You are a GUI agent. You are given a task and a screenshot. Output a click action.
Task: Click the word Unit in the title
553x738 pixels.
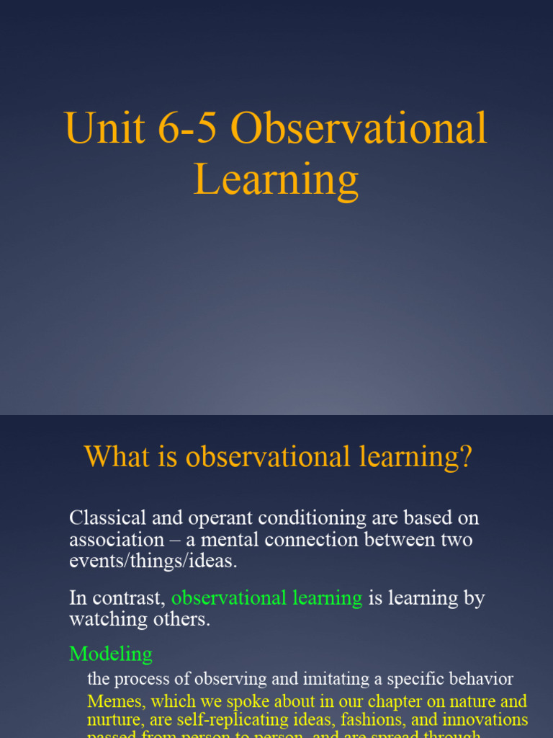[x=96, y=129]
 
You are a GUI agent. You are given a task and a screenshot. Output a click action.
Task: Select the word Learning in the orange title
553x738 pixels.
[x=276, y=180]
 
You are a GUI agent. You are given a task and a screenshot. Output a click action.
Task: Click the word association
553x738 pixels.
[x=117, y=540]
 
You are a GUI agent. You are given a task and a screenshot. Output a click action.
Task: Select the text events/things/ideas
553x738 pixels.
[x=153, y=561]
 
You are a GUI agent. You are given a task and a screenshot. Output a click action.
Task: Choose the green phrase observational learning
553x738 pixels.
[x=266, y=597]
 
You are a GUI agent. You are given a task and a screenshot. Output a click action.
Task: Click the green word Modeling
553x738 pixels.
[x=111, y=654]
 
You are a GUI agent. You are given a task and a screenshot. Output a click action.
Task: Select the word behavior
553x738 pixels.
[x=481, y=679]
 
